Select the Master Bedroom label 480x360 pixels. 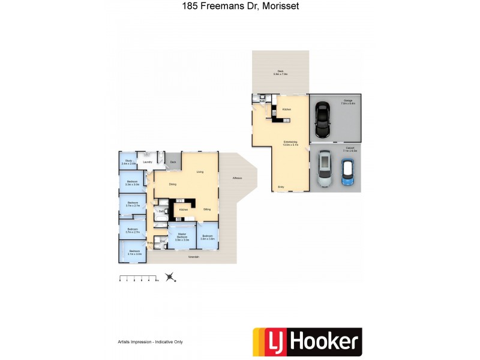coord(181,237)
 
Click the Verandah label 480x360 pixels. coord(193,257)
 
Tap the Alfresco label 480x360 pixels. coord(238,178)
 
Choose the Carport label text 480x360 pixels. coord(350,151)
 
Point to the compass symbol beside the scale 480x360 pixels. coord(171,277)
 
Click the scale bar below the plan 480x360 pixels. coord(138,278)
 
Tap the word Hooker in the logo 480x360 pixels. coord(325,342)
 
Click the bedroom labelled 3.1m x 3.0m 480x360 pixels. coord(134,253)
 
